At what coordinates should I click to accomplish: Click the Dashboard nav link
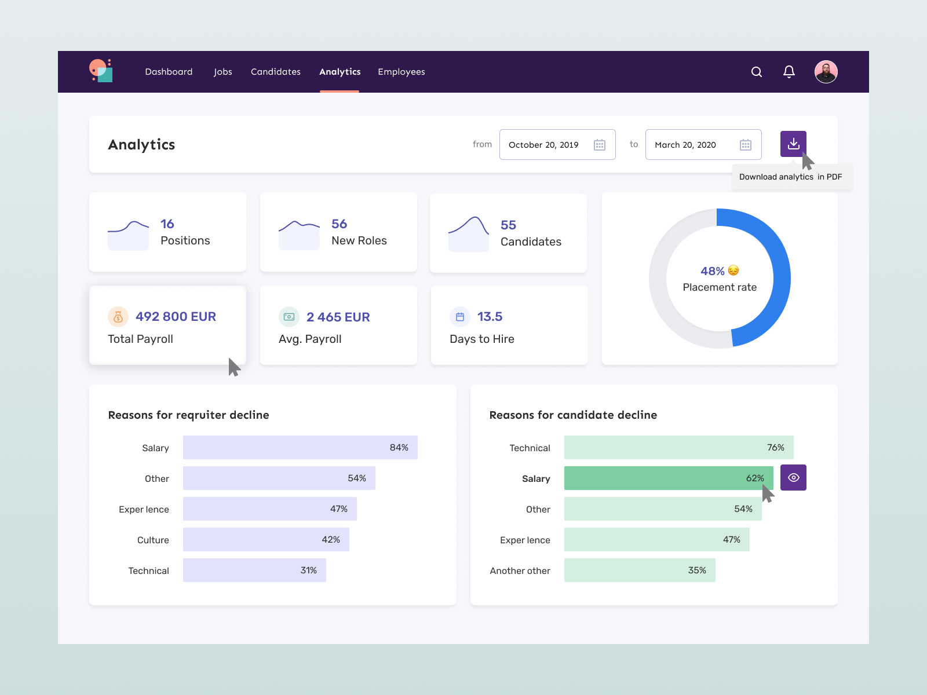point(169,72)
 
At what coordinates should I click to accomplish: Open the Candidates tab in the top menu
point(276,72)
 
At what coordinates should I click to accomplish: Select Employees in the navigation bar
point(402,72)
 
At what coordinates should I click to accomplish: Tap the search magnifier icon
point(757,72)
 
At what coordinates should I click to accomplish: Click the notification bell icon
point(789,72)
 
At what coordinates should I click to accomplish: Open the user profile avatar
point(826,72)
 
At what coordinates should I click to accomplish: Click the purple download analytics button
point(793,144)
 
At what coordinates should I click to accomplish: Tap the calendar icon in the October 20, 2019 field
point(600,145)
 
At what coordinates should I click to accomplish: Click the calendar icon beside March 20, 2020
point(746,145)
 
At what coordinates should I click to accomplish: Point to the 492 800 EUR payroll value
point(176,317)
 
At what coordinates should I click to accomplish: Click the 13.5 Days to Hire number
point(490,317)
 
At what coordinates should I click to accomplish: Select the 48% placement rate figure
point(712,271)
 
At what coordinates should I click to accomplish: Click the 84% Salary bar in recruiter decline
point(300,448)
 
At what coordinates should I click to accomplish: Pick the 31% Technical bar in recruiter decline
point(254,570)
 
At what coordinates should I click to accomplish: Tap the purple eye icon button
point(793,478)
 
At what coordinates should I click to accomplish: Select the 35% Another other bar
point(640,570)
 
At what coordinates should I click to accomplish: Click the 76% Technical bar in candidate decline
point(678,448)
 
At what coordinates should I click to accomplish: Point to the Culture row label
point(153,540)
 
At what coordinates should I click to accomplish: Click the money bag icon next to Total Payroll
point(118,317)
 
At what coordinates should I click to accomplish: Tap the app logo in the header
point(101,71)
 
